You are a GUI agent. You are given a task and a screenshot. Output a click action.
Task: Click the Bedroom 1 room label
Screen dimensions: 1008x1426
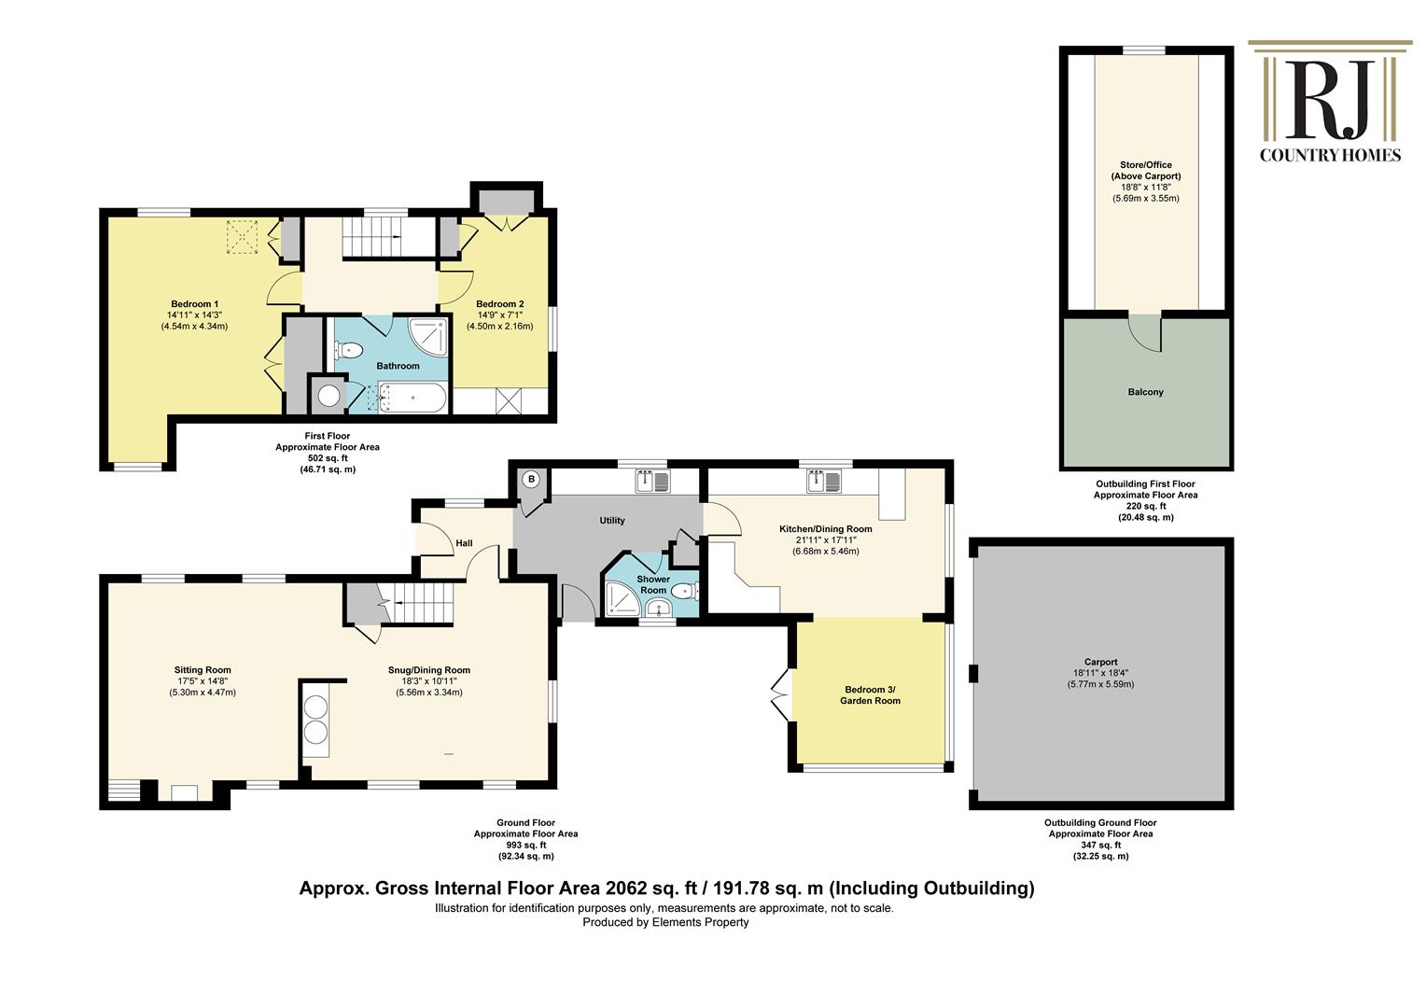point(195,304)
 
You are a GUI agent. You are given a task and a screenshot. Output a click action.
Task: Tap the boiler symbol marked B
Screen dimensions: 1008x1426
point(531,480)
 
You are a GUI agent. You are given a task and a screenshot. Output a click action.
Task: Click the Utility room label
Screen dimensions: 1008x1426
point(612,521)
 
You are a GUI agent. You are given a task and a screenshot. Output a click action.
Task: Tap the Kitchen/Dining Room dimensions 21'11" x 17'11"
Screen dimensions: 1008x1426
point(825,540)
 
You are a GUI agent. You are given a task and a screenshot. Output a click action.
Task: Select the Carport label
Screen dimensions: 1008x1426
point(1101,662)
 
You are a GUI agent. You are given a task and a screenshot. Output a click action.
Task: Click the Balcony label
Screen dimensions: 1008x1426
point(1145,392)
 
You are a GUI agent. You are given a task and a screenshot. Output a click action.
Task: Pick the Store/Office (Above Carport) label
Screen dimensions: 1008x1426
point(1145,171)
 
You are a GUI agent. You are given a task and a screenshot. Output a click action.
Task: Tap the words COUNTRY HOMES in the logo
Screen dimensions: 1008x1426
point(1330,155)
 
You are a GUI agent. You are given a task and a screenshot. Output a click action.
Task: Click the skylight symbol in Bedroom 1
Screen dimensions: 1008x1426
point(245,237)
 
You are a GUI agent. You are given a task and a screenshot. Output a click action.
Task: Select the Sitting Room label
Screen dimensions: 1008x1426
point(203,670)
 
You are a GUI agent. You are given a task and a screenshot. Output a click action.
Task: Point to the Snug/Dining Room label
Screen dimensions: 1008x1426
point(429,670)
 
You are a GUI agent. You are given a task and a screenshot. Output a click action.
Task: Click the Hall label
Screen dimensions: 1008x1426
point(464,543)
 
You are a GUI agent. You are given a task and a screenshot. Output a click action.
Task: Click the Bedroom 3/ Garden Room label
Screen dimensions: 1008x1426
point(870,695)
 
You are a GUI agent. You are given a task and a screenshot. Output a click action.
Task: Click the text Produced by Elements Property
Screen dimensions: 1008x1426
point(665,922)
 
